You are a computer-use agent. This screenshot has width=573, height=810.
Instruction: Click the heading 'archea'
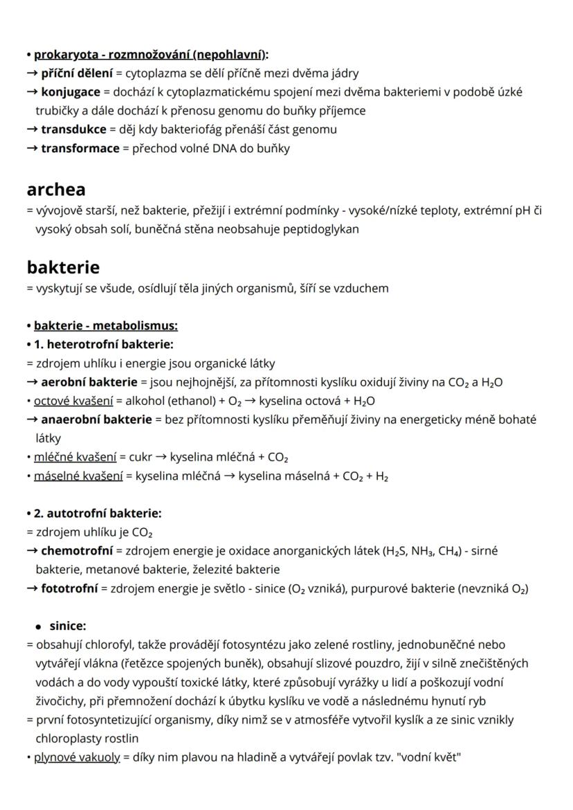pyautogui.click(x=56, y=189)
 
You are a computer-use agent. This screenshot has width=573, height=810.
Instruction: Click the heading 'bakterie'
pyautogui.click(x=63, y=267)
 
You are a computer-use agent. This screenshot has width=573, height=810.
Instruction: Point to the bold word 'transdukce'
pyautogui.click(x=73, y=129)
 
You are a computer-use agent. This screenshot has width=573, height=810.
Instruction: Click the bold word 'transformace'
pyautogui.click(x=80, y=148)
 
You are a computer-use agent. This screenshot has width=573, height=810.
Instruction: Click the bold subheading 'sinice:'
pyautogui.click(x=68, y=626)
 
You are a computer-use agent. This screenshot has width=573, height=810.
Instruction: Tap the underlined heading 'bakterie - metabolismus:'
pyautogui.click(x=106, y=325)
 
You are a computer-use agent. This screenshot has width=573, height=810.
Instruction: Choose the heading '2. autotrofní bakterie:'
pyautogui.click(x=98, y=514)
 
